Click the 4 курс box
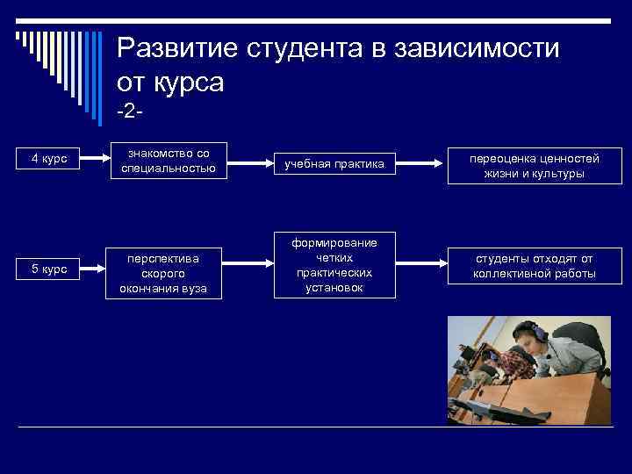(x=48, y=159)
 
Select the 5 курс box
(x=48, y=269)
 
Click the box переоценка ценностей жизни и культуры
(x=534, y=166)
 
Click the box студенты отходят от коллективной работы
(x=534, y=265)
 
